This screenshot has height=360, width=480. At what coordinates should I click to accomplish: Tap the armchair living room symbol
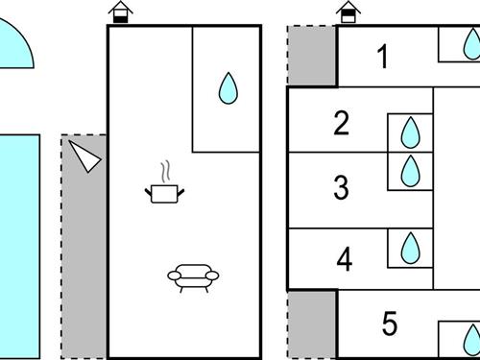click(x=193, y=277)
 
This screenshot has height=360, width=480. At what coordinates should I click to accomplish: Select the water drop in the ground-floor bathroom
click(x=228, y=88)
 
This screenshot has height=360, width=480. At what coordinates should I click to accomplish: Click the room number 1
click(x=383, y=57)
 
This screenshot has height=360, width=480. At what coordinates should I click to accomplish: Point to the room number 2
click(x=341, y=123)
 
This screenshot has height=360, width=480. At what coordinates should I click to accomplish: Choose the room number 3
click(x=341, y=187)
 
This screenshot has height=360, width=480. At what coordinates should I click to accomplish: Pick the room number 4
click(x=345, y=258)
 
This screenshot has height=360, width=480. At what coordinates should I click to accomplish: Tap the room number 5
click(x=390, y=324)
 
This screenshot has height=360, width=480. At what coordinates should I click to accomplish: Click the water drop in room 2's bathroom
click(x=410, y=132)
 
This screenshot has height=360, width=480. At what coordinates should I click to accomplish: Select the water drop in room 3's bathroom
click(x=410, y=171)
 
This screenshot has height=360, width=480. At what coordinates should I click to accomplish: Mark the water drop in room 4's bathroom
click(x=410, y=248)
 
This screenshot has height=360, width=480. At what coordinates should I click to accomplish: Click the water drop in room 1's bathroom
click(x=472, y=44)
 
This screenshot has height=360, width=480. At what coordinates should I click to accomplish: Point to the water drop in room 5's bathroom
click(x=472, y=340)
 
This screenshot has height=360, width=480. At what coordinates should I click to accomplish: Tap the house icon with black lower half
click(x=121, y=12)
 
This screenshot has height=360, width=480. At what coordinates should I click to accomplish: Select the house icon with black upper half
click(x=348, y=12)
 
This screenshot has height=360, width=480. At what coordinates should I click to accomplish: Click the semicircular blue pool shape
click(x=14, y=45)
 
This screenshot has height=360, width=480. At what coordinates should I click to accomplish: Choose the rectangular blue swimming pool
click(x=20, y=247)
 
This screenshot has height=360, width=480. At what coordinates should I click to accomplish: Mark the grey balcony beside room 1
click(x=311, y=56)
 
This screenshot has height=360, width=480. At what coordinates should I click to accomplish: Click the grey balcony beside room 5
click(x=311, y=324)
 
